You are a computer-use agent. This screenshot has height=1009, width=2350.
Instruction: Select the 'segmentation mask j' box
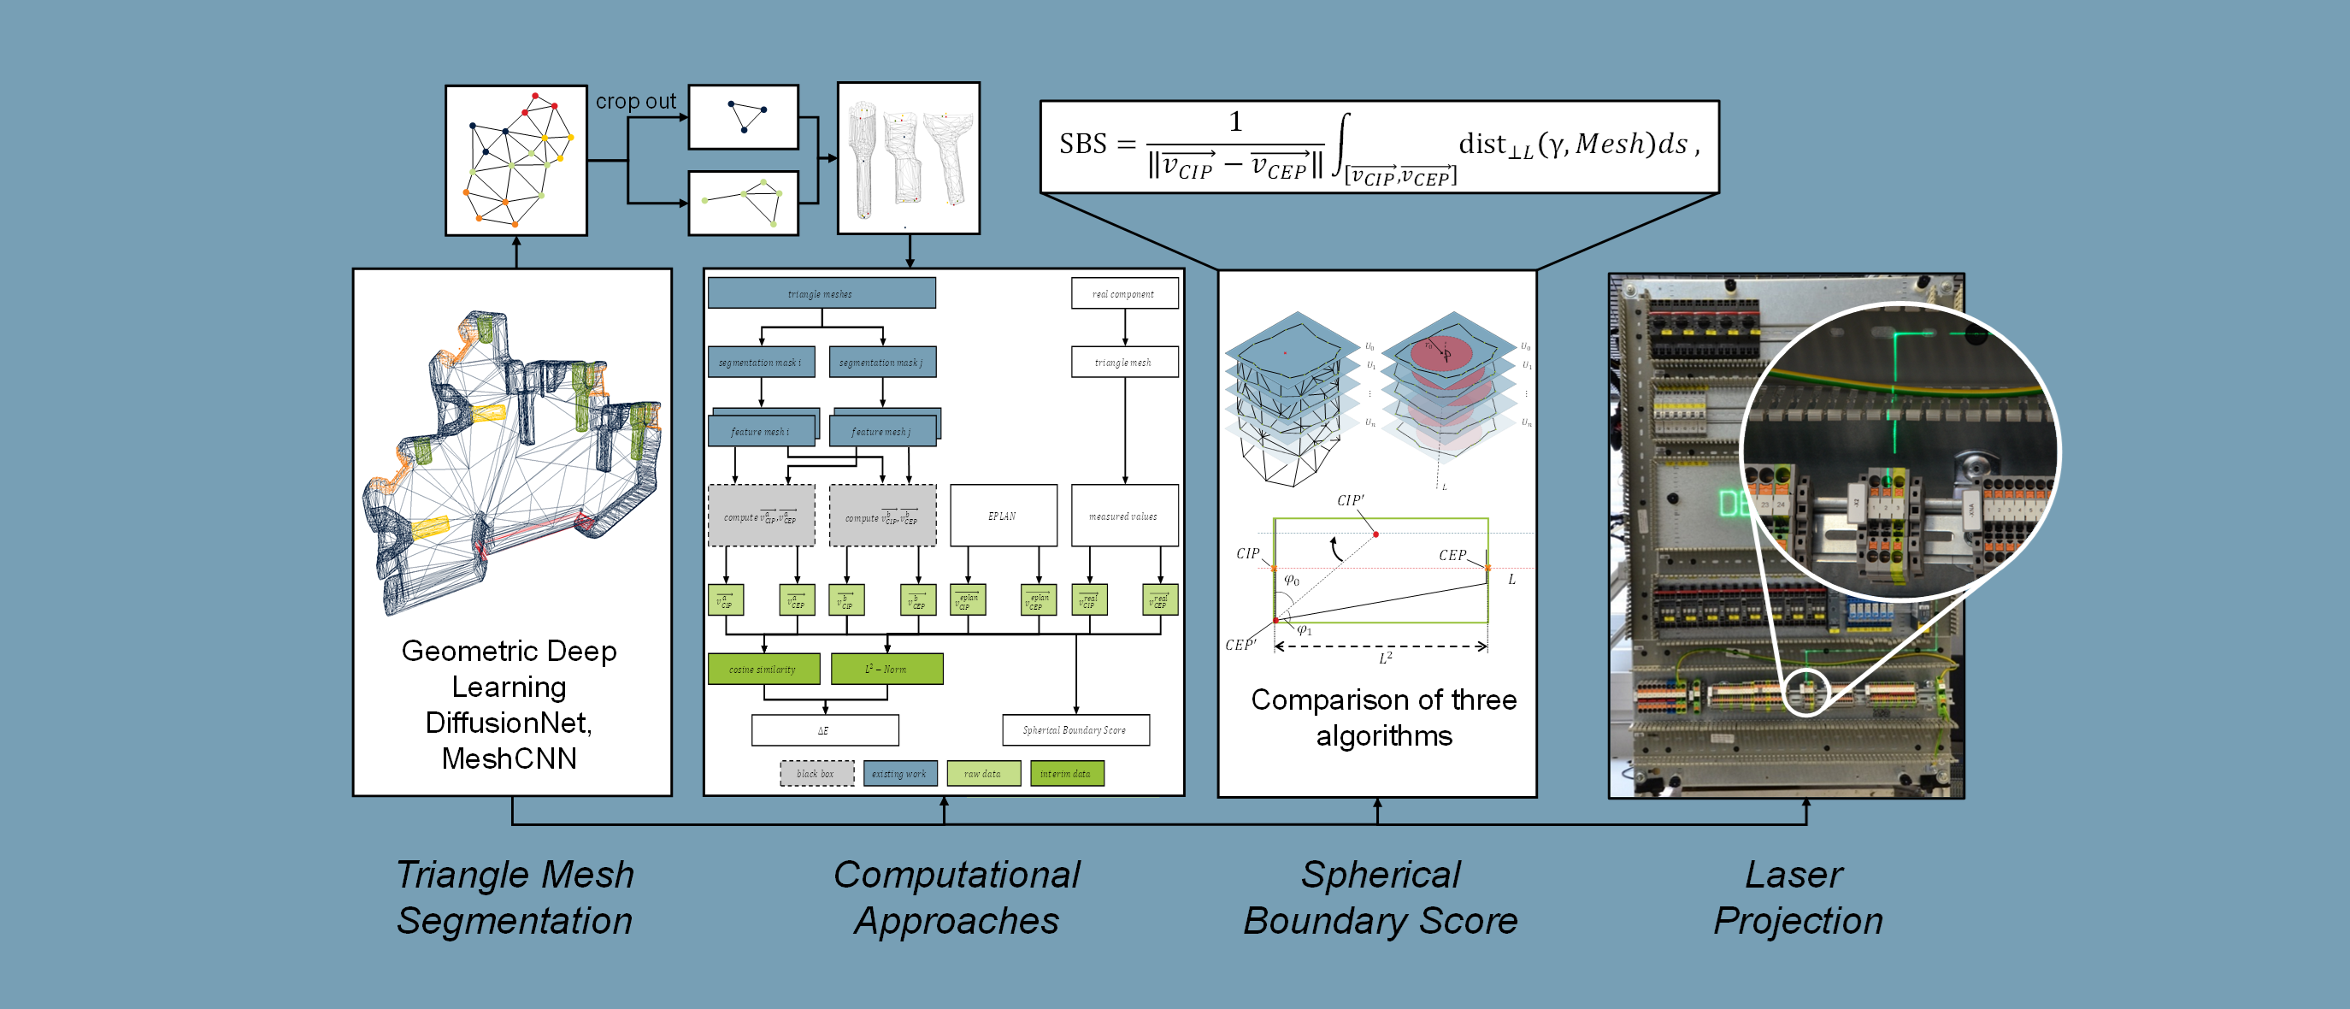click(881, 363)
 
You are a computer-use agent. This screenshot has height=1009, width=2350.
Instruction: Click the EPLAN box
click(1003, 516)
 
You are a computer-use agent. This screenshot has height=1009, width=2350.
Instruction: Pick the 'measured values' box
click(1124, 516)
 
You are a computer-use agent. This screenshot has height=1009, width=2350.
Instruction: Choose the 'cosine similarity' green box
click(763, 669)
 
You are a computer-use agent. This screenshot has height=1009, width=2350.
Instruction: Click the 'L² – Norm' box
click(886, 669)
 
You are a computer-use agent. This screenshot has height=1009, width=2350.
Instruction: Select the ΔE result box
click(824, 730)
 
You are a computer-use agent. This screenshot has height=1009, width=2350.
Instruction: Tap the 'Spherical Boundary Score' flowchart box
click(1075, 730)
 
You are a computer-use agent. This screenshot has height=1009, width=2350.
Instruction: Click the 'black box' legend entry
click(816, 774)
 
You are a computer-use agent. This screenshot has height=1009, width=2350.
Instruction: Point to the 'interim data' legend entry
click(1067, 774)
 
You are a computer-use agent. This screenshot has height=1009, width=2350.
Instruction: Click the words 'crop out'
click(636, 101)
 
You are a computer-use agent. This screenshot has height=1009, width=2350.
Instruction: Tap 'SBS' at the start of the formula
click(1082, 145)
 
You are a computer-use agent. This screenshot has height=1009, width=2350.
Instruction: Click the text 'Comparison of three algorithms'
click(1383, 717)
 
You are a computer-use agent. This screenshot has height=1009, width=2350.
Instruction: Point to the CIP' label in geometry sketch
click(1350, 500)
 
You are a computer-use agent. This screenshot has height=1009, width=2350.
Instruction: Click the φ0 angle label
click(1292, 581)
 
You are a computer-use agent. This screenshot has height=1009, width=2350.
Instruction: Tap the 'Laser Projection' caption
click(1797, 898)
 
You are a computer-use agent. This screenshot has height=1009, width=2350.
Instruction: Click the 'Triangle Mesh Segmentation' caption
click(515, 898)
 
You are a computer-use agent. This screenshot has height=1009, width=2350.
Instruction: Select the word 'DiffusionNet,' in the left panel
click(509, 723)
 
